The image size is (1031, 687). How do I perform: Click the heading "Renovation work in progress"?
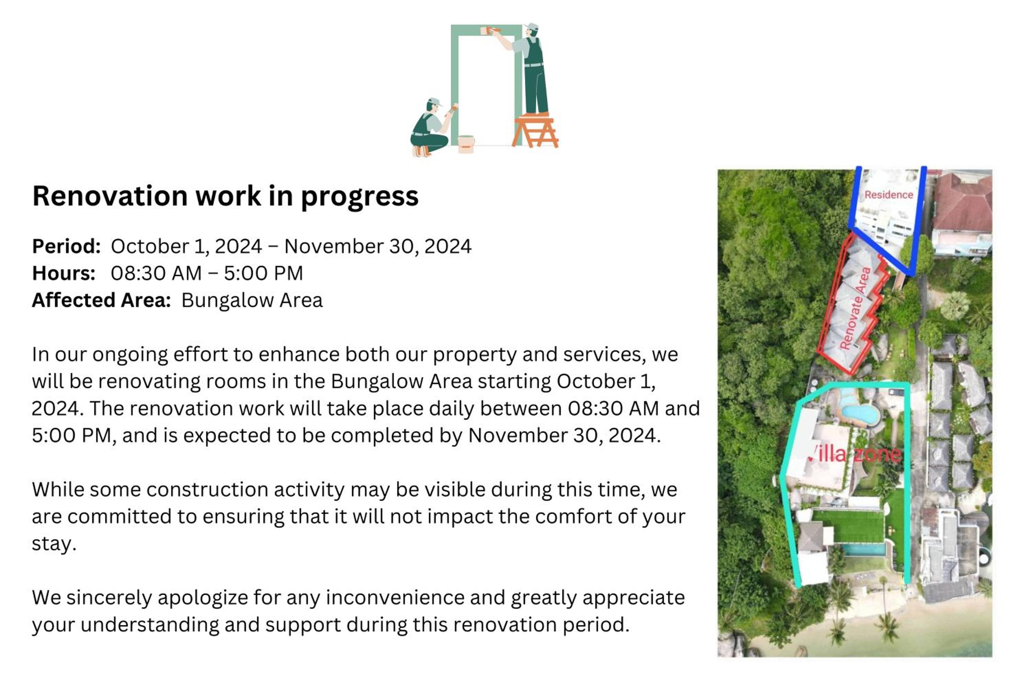(225, 196)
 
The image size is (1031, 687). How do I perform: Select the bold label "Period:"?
(67, 246)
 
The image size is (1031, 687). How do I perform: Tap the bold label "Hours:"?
(64, 273)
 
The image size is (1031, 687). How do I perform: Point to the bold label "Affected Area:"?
(101, 301)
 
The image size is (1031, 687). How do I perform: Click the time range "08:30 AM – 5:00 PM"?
(207, 273)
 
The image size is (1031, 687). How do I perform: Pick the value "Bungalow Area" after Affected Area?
(252, 301)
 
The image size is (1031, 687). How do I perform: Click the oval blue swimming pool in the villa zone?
(860, 413)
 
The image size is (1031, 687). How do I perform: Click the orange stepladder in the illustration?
(535, 131)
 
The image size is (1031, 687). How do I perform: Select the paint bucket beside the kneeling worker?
(466, 144)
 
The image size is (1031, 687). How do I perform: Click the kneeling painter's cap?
(434, 102)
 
